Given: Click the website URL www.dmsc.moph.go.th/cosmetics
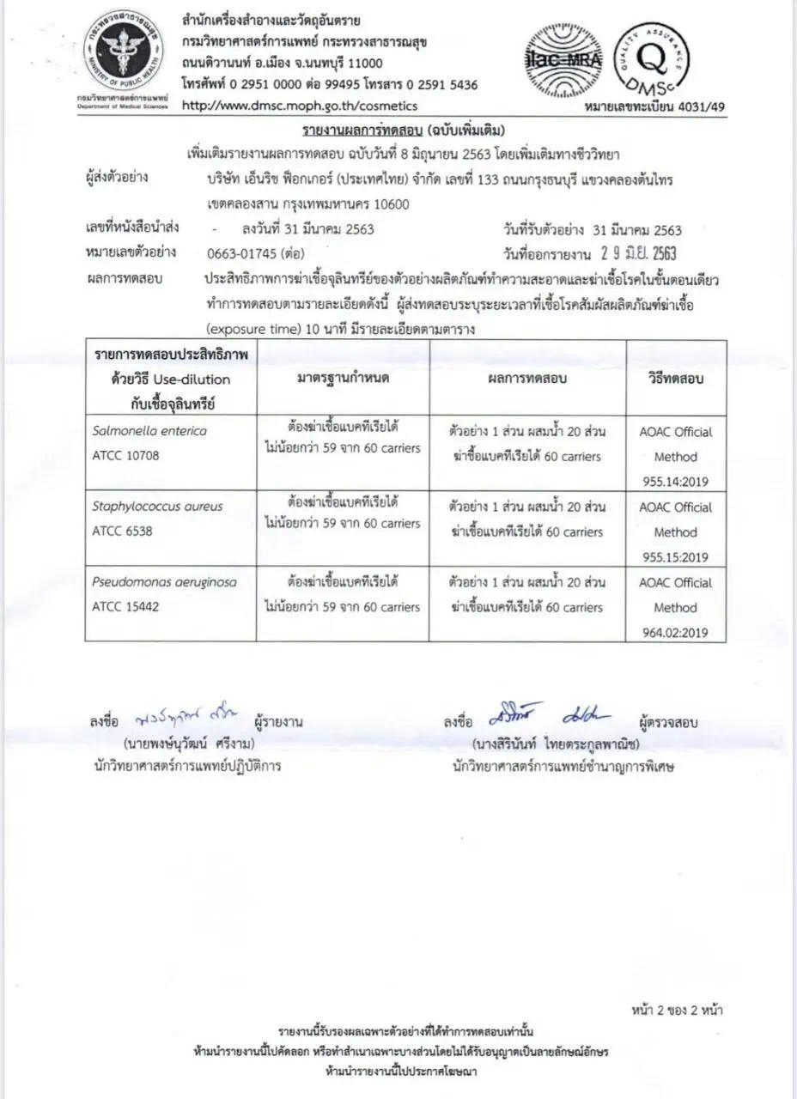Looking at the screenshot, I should [300, 106].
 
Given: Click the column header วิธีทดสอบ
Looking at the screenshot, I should [675, 378].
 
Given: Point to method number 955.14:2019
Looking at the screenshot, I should [675, 482].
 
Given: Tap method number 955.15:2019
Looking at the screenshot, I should [675, 557].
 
